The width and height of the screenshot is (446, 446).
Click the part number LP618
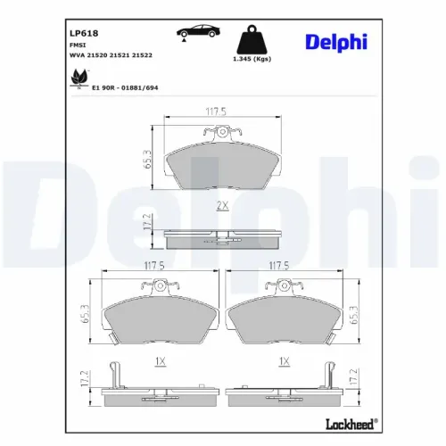tap(84, 37)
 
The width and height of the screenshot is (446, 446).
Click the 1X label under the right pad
tap(284, 361)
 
